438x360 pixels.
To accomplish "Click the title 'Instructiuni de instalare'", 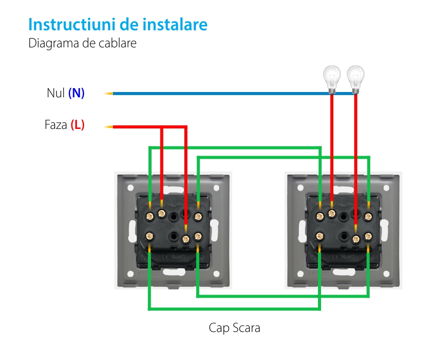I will pyautogui.click(x=118, y=25).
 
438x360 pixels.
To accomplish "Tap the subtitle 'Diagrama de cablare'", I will pyautogui.click(x=82, y=44).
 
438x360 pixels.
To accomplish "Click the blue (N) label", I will pyautogui.click(x=76, y=93).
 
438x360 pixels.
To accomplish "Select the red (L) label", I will pyautogui.click(x=77, y=125).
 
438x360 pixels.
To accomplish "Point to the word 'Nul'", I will pyautogui.click(x=56, y=93).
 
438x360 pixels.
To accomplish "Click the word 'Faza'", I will pyautogui.click(x=56, y=125).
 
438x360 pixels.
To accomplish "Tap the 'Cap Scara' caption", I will pyautogui.click(x=234, y=328).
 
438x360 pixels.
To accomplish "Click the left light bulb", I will pyautogui.click(x=332, y=78).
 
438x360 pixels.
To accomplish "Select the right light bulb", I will pyautogui.click(x=355, y=78).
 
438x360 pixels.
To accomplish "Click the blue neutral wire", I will pyautogui.click(x=219, y=93).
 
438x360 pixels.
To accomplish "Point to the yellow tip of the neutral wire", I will pyautogui.click(x=108, y=93).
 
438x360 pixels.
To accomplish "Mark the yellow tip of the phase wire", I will pyautogui.click(x=108, y=127).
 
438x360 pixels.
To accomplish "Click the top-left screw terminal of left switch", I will pyautogui.click(x=149, y=215).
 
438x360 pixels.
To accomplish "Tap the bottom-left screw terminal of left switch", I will pyautogui.click(x=149, y=236).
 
